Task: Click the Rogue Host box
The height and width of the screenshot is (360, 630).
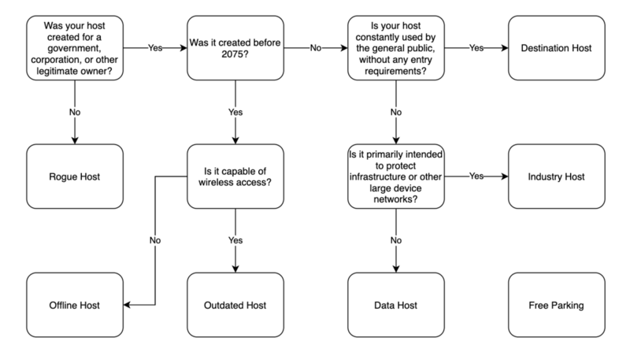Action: click(76, 175)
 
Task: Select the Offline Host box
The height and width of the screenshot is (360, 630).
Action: click(76, 304)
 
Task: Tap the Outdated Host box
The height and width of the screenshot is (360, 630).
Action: click(235, 304)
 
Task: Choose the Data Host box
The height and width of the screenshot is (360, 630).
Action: click(395, 304)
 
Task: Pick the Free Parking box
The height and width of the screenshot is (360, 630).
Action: click(556, 304)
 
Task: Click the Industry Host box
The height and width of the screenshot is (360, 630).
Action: click(556, 175)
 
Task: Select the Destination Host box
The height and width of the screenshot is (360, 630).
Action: click(556, 47)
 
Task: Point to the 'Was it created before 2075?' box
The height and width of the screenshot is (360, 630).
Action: click(235, 47)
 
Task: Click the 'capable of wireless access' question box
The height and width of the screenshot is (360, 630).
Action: click(235, 175)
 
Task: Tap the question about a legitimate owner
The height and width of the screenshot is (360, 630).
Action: click(76, 47)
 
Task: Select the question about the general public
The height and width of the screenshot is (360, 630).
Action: click(395, 47)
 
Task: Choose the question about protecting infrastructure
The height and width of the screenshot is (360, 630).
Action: click(395, 175)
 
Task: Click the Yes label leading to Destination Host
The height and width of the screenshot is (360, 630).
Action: click(476, 47)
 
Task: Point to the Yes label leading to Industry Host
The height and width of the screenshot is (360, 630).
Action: click(476, 175)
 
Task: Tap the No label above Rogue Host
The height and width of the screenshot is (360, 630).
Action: click(76, 112)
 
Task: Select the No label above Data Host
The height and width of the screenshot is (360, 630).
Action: click(395, 240)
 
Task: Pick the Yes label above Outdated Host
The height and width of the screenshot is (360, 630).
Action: click(235, 240)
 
